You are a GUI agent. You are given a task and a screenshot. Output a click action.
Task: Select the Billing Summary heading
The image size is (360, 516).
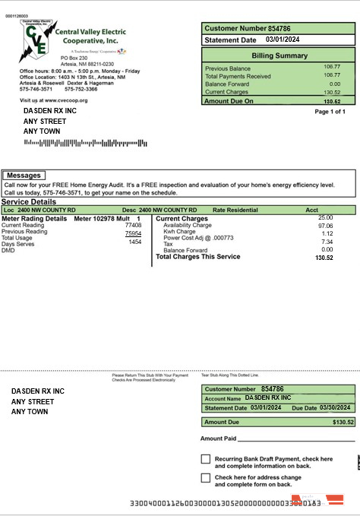pos(279,55)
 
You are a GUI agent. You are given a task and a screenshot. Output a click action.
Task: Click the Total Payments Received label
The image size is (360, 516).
pos(238,76)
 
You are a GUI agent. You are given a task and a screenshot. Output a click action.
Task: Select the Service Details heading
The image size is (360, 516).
pos(28,201)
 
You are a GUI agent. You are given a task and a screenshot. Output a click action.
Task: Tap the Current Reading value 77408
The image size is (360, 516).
pos(133,226)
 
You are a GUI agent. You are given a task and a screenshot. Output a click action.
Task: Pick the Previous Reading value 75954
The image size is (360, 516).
pos(133,233)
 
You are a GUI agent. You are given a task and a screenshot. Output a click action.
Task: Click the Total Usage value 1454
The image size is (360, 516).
pos(134,242)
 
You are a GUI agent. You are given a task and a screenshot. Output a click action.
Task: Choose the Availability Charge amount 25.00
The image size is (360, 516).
pos(325,218)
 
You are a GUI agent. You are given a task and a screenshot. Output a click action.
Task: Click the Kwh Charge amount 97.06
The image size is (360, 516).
pos(325,226)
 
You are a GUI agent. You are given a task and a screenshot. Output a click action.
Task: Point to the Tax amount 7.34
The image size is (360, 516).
pos(327,242)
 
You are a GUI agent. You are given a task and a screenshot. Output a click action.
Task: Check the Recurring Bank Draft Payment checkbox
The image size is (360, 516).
pos(206,459)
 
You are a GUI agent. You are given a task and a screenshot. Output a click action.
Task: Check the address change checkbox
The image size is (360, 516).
pos(206,478)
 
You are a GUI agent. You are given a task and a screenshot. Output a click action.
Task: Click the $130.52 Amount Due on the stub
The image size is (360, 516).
pos(343,422)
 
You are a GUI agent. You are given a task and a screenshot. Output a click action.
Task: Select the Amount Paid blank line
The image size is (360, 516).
pos(296,440)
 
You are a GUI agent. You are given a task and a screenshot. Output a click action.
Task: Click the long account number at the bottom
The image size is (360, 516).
pos(225,503)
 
